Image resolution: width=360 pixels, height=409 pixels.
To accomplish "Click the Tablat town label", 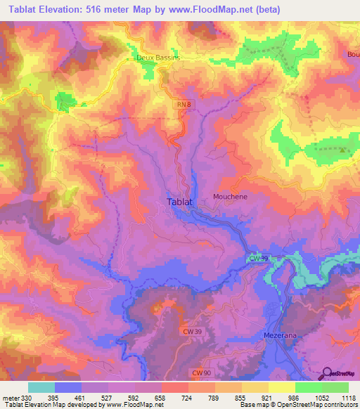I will coord(180,202).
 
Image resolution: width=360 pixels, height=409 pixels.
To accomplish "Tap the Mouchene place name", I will coord(230,197).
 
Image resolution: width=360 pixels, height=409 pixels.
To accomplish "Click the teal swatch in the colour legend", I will coord(41,387).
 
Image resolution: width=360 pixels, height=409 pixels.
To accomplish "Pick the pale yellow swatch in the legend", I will coord(282,387).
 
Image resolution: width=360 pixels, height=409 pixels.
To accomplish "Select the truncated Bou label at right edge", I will coord(353,54).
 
